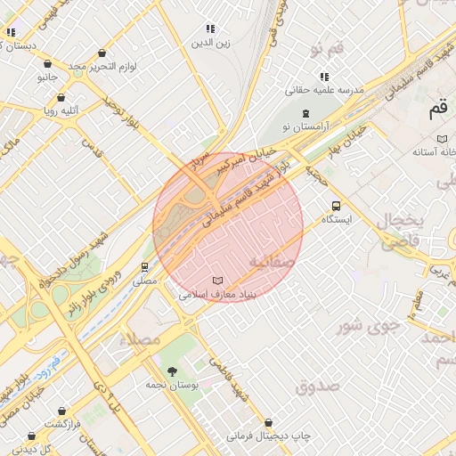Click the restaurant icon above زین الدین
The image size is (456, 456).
[210, 29]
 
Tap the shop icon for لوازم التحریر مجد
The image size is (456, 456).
[47, 64]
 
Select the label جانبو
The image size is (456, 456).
[46, 77]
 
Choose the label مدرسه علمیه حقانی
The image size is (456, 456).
[324, 90]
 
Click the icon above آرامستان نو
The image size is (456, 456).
[306, 113]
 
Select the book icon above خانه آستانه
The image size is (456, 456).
[443, 139]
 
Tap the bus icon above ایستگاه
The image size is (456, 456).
[336, 204]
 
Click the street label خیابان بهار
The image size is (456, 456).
[346, 142]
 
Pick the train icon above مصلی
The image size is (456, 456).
[144, 266]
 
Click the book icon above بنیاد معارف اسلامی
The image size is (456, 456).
[218, 280]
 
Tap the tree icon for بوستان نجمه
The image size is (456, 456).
[172, 371]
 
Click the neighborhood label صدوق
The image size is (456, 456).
[318, 387]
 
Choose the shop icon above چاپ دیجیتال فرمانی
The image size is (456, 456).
[269, 422]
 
